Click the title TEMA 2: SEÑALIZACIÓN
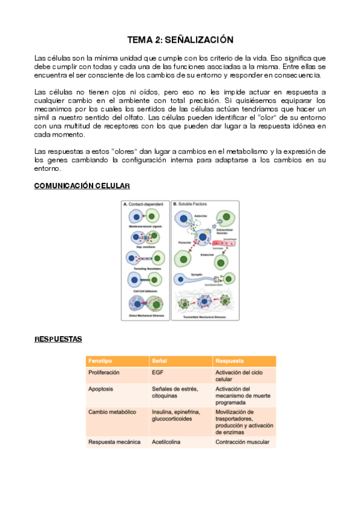point(180,40)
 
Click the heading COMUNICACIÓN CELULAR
point(82,186)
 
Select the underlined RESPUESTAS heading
point(58,339)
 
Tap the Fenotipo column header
point(100,361)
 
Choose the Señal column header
point(160,361)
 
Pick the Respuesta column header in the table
point(230,361)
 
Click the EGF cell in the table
point(158,373)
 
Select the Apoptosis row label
point(102,389)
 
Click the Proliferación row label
point(104,373)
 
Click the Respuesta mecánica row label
point(114,442)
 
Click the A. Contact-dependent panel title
point(144,204)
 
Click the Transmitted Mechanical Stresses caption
point(204,316)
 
